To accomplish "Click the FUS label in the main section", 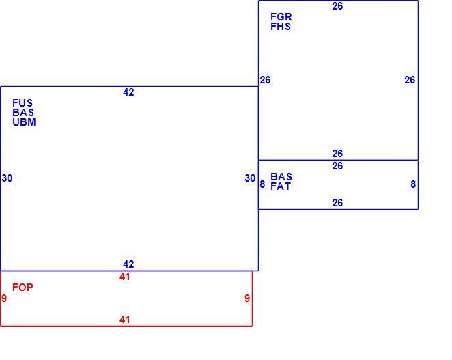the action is [x=23, y=103].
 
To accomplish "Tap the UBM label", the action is [x=24, y=122].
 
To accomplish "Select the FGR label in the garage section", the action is [x=281, y=17].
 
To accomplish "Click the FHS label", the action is [x=281, y=27].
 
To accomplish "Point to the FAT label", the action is [x=281, y=186].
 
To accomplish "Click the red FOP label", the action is [x=23, y=288].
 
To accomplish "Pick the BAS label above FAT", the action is [x=281, y=176].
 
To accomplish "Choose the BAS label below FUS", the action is [x=23, y=113].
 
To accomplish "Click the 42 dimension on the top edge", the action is [x=128, y=92].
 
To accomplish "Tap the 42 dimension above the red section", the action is [x=128, y=264].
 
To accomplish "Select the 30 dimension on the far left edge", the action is [x=7, y=178].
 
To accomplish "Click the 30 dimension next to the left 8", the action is [x=250, y=178].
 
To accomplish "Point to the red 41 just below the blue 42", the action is [x=124, y=277].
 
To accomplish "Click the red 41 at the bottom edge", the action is [x=124, y=320].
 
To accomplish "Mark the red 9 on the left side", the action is [x=4, y=299].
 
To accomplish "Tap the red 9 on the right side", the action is [x=247, y=299].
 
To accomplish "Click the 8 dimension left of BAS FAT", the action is [x=262, y=184].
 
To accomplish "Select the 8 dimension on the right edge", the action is [x=413, y=184].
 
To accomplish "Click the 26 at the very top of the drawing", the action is [x=337, y=6].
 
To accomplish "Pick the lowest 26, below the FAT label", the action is [x=337, y=203].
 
